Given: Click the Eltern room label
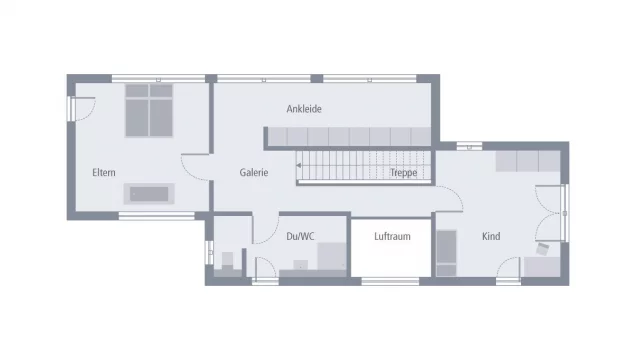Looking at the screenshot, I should [x=103, y=172].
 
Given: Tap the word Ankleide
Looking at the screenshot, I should [x=304, y=109].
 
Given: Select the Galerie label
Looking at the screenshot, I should [x=254, y=172].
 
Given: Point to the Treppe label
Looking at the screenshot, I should [x=404, y=172].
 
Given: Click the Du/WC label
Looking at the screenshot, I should [x=300, y=236].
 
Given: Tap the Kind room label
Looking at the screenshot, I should [x=491, y=236].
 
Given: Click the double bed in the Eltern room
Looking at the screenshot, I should [x=149, y=109].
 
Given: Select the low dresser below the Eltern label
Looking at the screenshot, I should [x=148, y=193].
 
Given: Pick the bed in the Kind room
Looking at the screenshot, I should [x=446, y=253].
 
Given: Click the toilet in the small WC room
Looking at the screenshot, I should [x=226, y=261].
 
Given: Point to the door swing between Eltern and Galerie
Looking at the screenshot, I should [x=193, y=166].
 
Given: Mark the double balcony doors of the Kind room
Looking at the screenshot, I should [x=551, y=214].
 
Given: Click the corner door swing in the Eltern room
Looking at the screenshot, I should [x=84, y=106].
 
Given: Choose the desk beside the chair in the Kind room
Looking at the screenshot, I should [x=543, y=266].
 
